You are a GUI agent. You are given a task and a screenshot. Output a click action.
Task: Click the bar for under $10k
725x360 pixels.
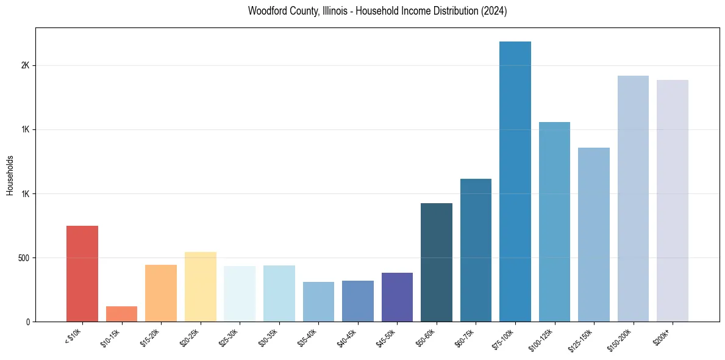[82, 274]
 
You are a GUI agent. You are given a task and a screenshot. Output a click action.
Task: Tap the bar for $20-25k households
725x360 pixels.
[201, 287]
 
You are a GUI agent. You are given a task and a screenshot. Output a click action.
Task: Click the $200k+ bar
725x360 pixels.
[673, 201]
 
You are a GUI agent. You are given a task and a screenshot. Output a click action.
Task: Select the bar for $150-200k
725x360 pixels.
[633, 199]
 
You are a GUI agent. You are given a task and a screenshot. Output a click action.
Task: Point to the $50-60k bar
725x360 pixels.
[437, 262]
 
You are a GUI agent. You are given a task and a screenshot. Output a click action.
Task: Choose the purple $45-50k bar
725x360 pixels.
[397, 297]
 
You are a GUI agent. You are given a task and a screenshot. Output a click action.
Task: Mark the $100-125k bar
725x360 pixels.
[554, 222]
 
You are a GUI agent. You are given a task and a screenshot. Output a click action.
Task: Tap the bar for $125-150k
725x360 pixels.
[594, 235]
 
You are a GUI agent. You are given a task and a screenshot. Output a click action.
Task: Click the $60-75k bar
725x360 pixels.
[476, 250]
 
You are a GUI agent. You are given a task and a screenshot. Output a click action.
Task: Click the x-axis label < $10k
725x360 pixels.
[73, 336]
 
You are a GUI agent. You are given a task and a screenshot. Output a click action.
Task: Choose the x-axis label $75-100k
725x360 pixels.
[505, 338]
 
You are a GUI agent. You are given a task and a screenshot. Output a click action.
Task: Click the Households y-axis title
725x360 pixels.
[10, 175]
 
